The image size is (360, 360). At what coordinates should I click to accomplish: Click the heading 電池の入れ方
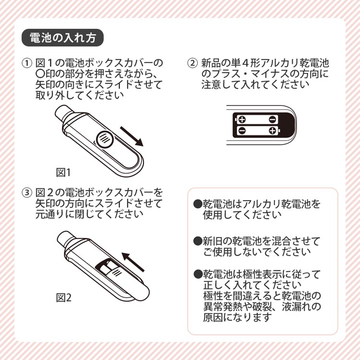pos(63,37)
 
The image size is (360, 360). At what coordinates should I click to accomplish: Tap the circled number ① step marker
pos(27,63)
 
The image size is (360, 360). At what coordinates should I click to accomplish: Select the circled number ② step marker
pos(192,63)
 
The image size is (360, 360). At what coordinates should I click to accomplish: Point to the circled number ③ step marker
pos(27,192)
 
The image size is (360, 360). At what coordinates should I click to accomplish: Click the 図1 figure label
pos(63,172)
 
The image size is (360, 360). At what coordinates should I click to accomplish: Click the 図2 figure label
pos(63,298)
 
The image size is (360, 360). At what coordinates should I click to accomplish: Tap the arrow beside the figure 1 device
pos(132,136)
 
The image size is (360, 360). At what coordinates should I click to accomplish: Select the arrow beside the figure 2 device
pos(133,262)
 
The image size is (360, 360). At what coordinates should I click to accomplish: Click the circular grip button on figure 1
pos(104,139)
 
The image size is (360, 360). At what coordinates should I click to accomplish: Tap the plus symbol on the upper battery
pos(242,120)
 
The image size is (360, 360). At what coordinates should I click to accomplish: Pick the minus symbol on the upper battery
pos(272,120)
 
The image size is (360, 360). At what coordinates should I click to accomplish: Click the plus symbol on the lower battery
pos(272,131)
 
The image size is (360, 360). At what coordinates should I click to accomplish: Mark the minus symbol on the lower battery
pos(242,131)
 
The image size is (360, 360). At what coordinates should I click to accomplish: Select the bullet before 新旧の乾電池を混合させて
pos(197,241)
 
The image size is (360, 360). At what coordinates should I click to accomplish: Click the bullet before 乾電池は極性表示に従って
pos(197,274)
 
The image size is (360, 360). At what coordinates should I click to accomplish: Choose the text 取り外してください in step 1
pos(79,95)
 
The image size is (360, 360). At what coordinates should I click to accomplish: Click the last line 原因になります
pos(238,317)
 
